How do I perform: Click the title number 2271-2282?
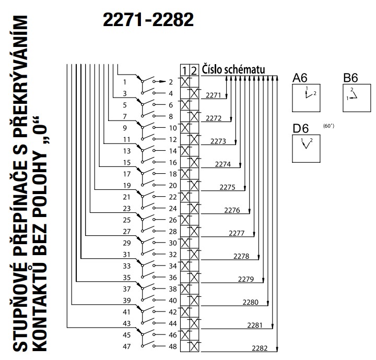pos(148,20)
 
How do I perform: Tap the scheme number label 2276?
pos(231,210)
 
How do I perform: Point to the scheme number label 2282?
pos(260,348)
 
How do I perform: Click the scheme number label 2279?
pos(245,279)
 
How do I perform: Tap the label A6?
pos(300,78)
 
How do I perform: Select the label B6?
pos(350,78)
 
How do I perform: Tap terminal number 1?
pos(124,82)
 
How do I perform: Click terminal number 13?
pos(126,151)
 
